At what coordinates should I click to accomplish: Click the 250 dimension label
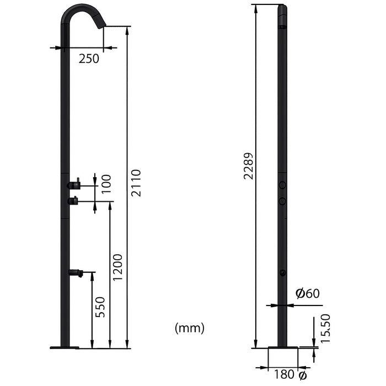tap(88, 58)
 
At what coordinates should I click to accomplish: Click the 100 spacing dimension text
tap(106, 184)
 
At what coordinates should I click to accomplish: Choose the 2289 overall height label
tap(249, 167)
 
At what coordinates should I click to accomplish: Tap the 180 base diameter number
tap(283, 375)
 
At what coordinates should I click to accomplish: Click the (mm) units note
tap(189, 329)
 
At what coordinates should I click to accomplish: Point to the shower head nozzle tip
tap(100, 24)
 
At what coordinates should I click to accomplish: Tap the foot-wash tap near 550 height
tap(76, 272)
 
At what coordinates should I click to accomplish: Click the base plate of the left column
tap(65, 347)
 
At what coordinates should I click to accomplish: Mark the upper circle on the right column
tap(282, 185)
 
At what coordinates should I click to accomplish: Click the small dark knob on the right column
tap(282, 273)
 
